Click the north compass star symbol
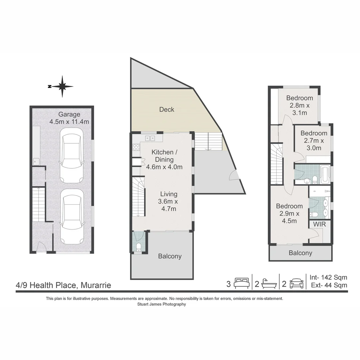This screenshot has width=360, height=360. click(62, 87)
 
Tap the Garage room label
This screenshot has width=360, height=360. click(69, 114)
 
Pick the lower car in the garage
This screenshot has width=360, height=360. click(71, 217)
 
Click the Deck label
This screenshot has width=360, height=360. click(167, 110)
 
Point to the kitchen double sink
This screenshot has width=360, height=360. click(150, 138)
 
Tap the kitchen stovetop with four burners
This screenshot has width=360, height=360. click(136, 147)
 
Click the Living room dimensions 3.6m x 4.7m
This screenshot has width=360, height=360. click(169, 205)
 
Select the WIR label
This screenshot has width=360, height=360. click(319, 224)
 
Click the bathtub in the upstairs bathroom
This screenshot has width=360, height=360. click(325, 174)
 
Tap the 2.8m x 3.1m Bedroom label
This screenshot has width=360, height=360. click(300, 105)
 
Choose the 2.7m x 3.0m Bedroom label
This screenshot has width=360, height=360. click(314, 141)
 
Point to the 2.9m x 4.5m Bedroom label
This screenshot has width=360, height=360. click(289, 214)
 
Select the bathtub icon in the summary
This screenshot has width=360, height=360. click(269, 284)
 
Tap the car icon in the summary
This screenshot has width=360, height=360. click(297, 284)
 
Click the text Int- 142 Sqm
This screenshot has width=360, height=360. click(328, 277)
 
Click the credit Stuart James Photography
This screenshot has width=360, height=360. click(162, 304)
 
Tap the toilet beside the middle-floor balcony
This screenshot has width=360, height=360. click(138, 247)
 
